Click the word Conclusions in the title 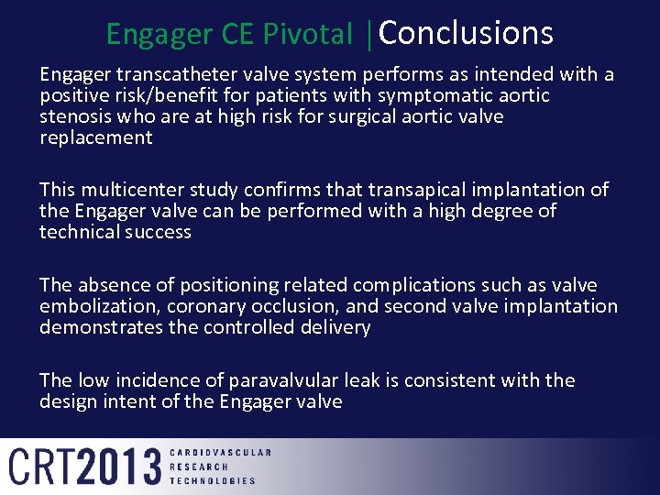point(466,34)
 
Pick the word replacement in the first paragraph point(95,137)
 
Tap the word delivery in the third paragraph point(335,327)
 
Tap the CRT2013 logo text point(84,467)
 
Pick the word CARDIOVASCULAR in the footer point(221,453)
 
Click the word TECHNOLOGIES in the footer point(214,480)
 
